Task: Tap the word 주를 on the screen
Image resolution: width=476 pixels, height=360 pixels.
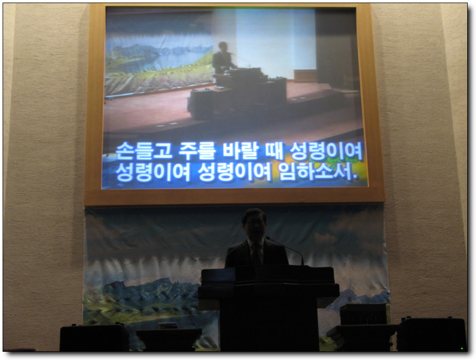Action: (x=196, y=151)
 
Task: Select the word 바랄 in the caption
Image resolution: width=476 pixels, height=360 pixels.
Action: (x=240, y=151)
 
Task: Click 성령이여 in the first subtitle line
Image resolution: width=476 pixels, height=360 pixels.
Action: (x=326, y=151)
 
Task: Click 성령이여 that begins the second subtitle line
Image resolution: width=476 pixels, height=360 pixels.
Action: (x=153, y=172)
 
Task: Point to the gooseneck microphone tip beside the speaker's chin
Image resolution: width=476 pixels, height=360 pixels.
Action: (x=268, y=238)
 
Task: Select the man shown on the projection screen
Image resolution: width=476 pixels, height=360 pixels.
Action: (x=223, y=58)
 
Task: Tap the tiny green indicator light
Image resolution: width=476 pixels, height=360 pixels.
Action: (x=462, y=349)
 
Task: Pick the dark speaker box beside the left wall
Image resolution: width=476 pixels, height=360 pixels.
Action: (x=94, y=337)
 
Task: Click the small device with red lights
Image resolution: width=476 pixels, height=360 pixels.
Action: (x=168, y=325)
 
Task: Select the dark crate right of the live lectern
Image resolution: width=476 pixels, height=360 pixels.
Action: (x=363, y=314)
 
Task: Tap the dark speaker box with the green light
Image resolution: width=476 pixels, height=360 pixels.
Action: (x=431, y=334)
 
